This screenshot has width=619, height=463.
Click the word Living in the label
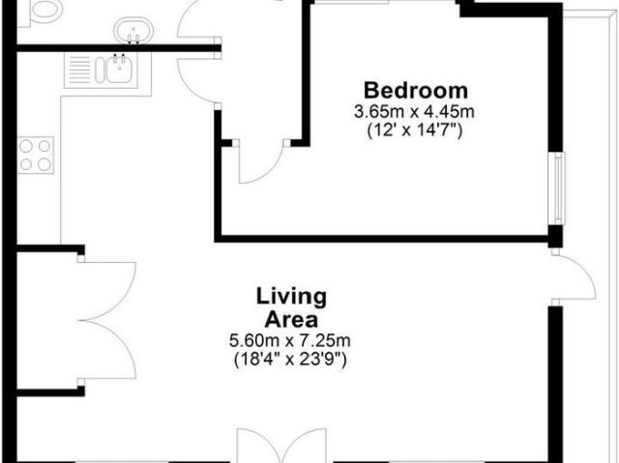(291, 296)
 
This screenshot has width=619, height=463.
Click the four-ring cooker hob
(37, 155)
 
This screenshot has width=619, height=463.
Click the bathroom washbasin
(133, 30)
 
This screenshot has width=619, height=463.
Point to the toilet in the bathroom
(43, 11)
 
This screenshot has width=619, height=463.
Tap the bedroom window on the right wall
(557, 188)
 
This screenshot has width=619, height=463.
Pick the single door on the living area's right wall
(575, 280)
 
